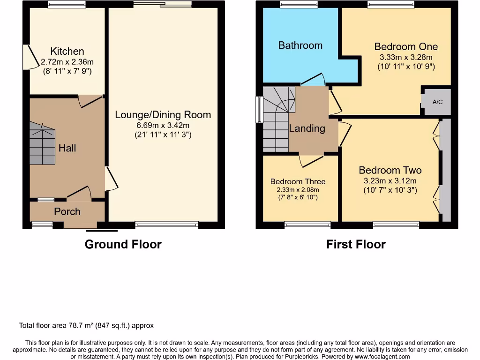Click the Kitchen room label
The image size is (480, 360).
(x=67, y=51)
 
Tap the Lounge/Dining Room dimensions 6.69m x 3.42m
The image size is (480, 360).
(x=163, y=125)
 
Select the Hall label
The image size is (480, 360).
(x=67, y=148)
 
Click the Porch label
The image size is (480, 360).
(x=67, y=212)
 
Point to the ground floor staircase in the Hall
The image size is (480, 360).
(x=42, y=143)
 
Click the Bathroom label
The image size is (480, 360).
(x=300, y=45)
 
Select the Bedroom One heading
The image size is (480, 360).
(x=406, y=46)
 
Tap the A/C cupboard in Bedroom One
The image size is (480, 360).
(x=437, y=102)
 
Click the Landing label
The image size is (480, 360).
(x=307, y=128)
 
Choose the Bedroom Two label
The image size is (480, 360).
(x=390, y=171)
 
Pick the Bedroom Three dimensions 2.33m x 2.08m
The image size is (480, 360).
(x=298, y=190)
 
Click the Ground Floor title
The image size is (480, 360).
(x=123, y=244)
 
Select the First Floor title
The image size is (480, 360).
(x=356, y=244)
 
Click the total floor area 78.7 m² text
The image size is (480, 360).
(x=86, y=325)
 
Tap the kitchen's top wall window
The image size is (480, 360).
(x=67, y=5)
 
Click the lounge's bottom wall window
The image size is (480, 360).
(x=166, y=225)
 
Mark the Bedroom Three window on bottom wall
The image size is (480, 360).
(x=307, y=225)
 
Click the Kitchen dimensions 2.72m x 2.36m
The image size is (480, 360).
(x=67, y=62)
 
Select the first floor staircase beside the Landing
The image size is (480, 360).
(x=276, y=120)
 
